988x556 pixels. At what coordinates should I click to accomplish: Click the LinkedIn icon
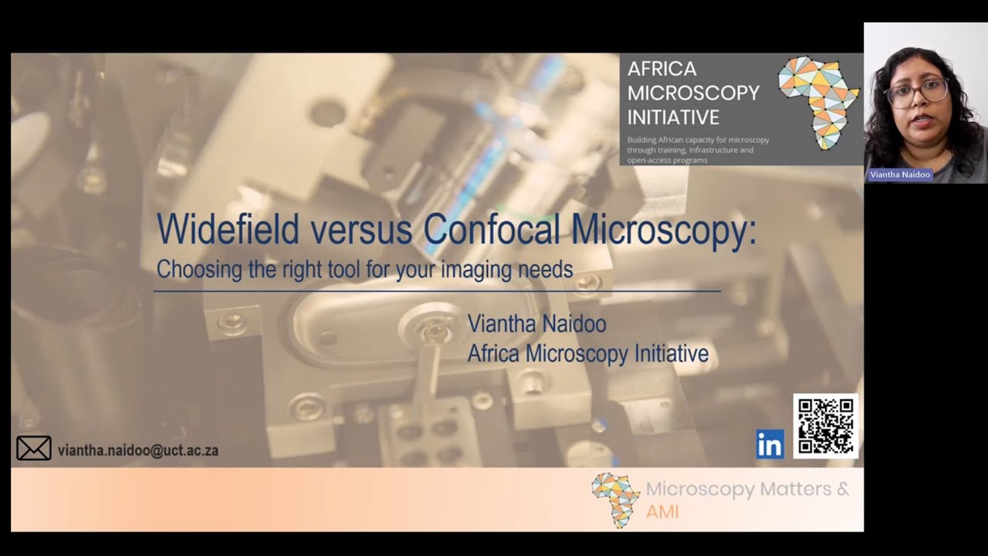pyautogui.click(x=770, y=444)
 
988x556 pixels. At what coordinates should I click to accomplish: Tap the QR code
pyautogui.click(x=825, y=425)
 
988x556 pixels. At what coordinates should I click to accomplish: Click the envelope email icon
pyautogui.click(x=34, y=449)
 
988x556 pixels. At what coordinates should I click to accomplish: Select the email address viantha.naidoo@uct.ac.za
pyautogui.click(x=138, y=450)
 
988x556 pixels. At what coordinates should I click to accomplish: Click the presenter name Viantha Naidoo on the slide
pyautogui.click(x=536, y=324)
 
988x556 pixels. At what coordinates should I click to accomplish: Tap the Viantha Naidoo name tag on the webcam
pyautogui.click(x=899, y=175)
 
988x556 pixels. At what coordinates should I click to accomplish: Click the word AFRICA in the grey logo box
pyautogui.click(x=661, y=69)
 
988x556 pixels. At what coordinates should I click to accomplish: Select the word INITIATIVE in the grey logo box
pyautogui.click(x=673, y=117)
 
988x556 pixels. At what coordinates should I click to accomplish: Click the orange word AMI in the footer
pyautogui.click(x=662, y=511)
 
